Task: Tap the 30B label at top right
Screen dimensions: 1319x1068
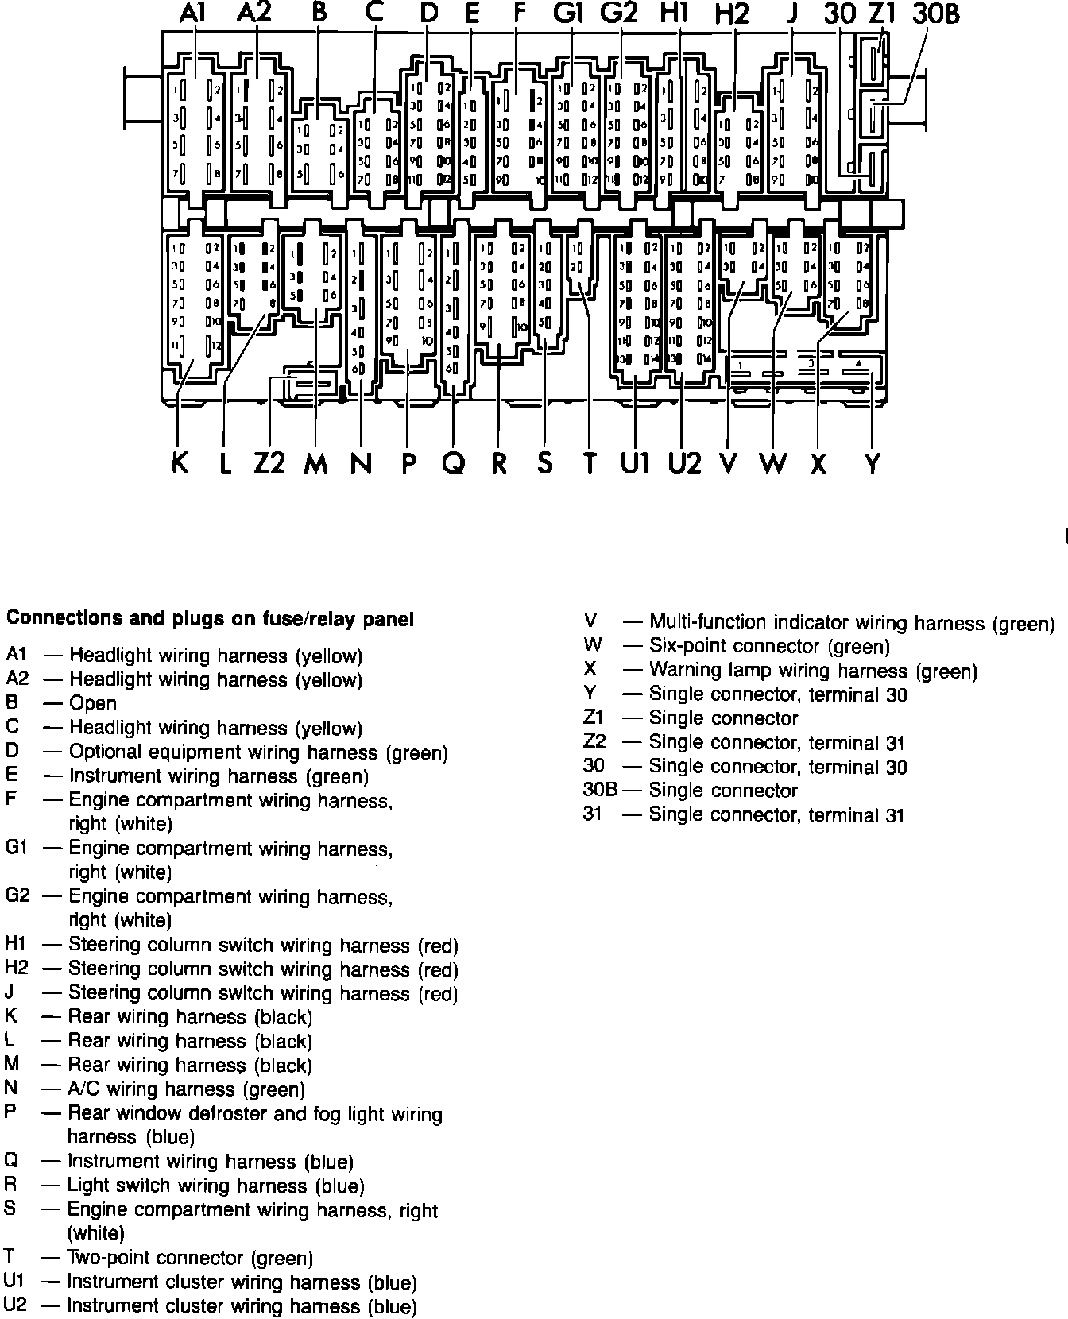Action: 934,14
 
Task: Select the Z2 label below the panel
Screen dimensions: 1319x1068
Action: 269,462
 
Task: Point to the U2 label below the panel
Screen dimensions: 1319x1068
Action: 684,462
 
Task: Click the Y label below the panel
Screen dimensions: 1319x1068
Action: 873,462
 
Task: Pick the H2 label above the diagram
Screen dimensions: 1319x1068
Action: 732,15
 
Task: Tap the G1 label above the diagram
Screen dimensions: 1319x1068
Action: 569,14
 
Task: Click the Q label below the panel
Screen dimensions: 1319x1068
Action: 453,462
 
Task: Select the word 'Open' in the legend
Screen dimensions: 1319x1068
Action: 93,703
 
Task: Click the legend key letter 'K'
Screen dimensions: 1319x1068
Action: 10,1016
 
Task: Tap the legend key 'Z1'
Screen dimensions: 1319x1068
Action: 594,718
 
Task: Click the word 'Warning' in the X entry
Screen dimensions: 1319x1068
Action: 689,671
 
